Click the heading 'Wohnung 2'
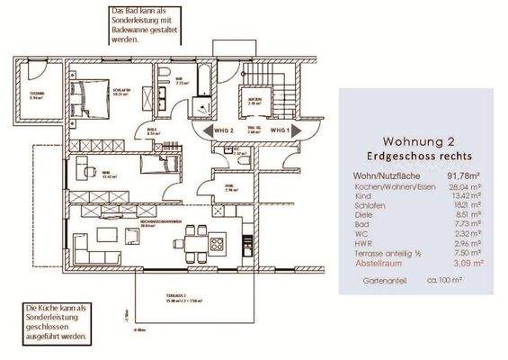[x=418, y=141]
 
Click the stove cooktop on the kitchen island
[x=216, y=243]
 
